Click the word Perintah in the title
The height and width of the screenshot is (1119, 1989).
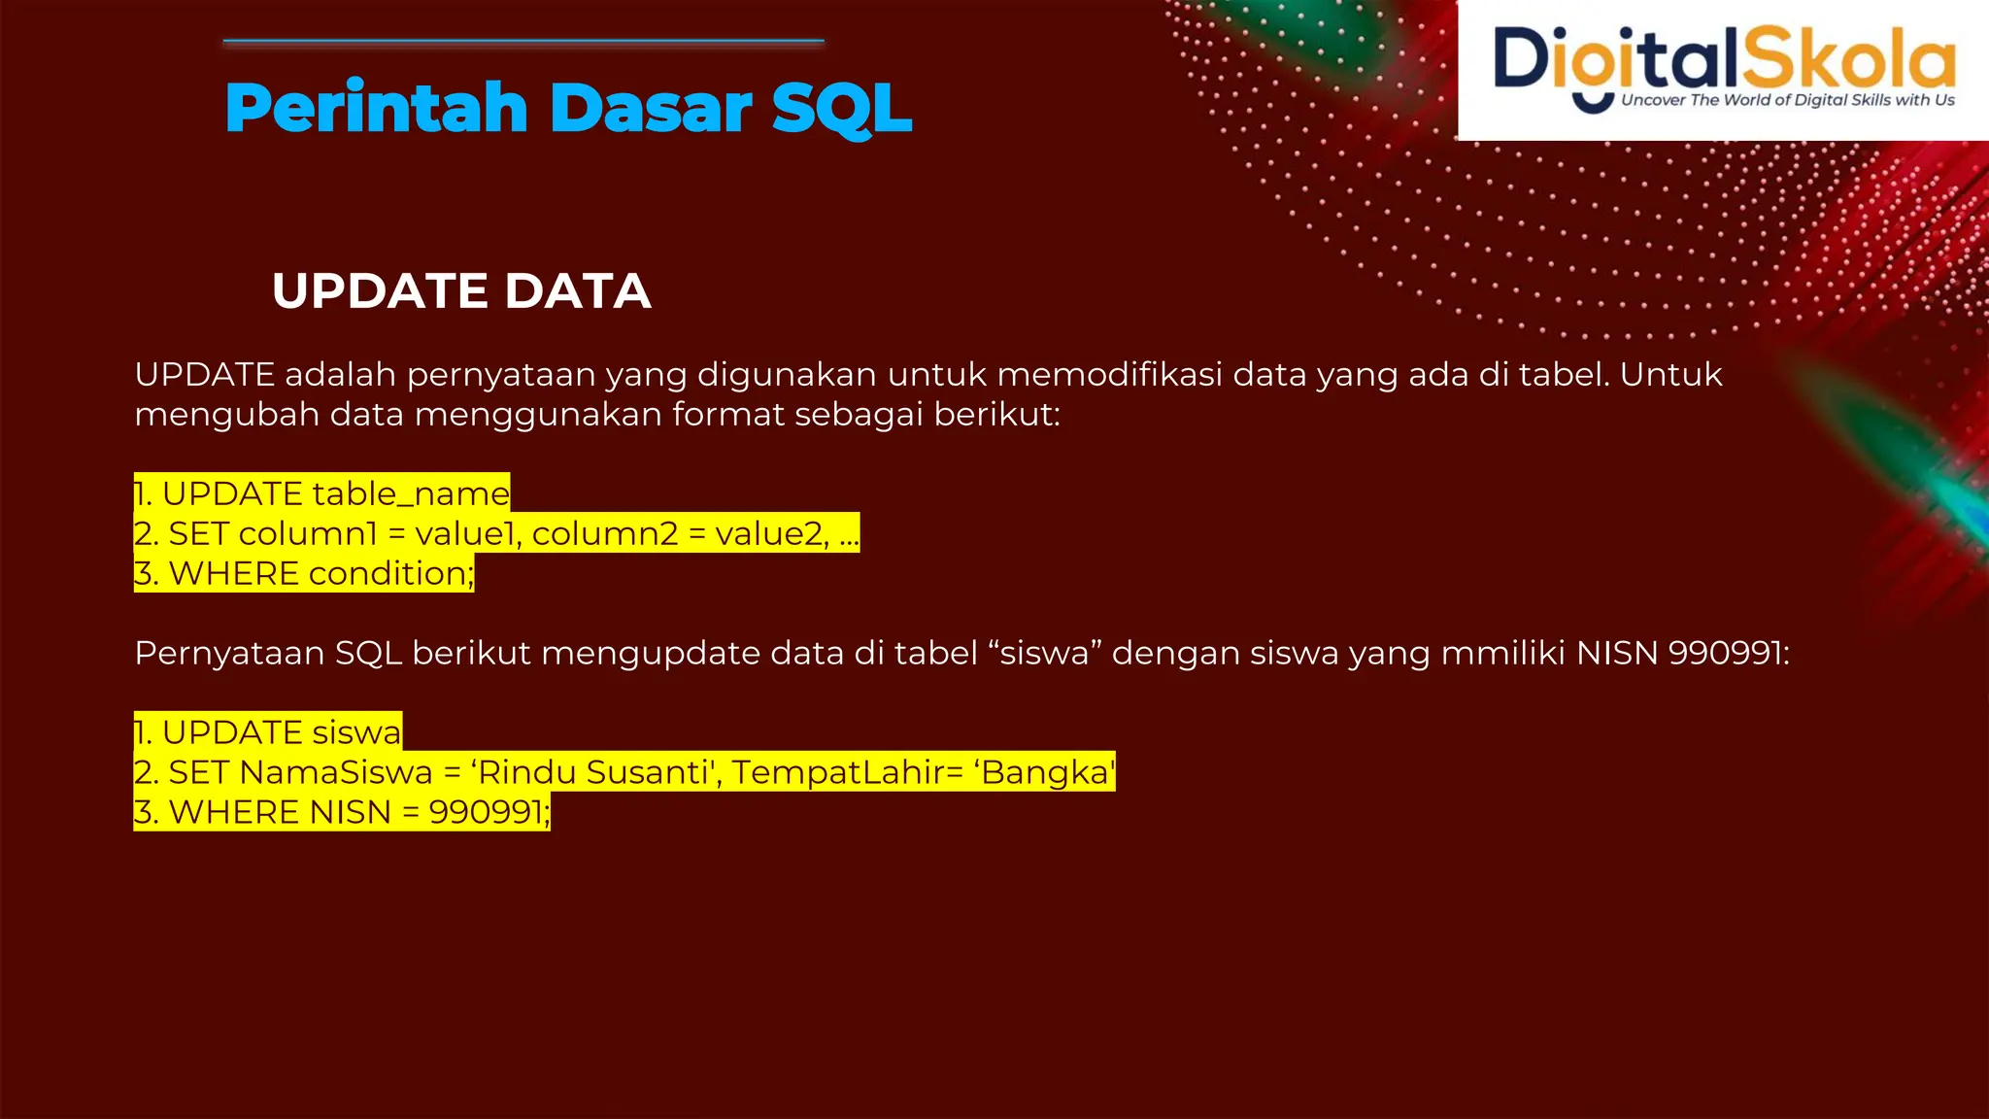coord(377,107)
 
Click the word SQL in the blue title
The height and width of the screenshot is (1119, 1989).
coord(841,107)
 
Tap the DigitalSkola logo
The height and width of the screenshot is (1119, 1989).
coord(1723,68)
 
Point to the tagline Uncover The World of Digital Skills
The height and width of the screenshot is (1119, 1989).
coord(1787,100)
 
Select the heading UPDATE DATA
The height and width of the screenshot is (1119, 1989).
coord(461,290)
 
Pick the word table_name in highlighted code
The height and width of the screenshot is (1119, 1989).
coord(410,493)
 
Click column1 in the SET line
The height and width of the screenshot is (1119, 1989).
coord(307,533)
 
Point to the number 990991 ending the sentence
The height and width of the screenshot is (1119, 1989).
coord(1728,653)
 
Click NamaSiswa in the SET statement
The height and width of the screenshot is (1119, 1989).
coord(335,772)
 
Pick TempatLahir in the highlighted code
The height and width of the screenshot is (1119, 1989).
coord(839,772)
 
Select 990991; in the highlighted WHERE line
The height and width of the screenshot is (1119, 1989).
coord(489,812)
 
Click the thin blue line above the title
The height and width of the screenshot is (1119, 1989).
coord(523,42)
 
